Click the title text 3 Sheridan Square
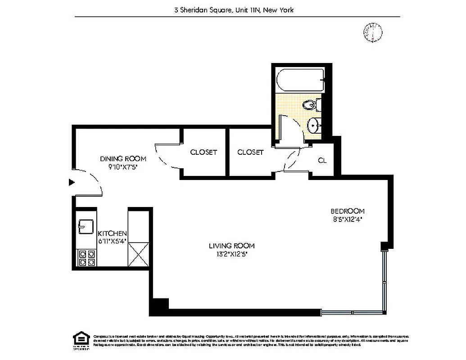point(203,9)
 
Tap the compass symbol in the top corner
point(373,32)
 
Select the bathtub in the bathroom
point(299,81)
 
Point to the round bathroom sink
point(313,124)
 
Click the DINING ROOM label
point(123,158)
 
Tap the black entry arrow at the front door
point(71,182)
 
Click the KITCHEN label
point(113,233)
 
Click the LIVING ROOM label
point(231,246)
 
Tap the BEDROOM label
point(348,211)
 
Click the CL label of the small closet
point(322,160)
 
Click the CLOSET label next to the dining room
point(204,152)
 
